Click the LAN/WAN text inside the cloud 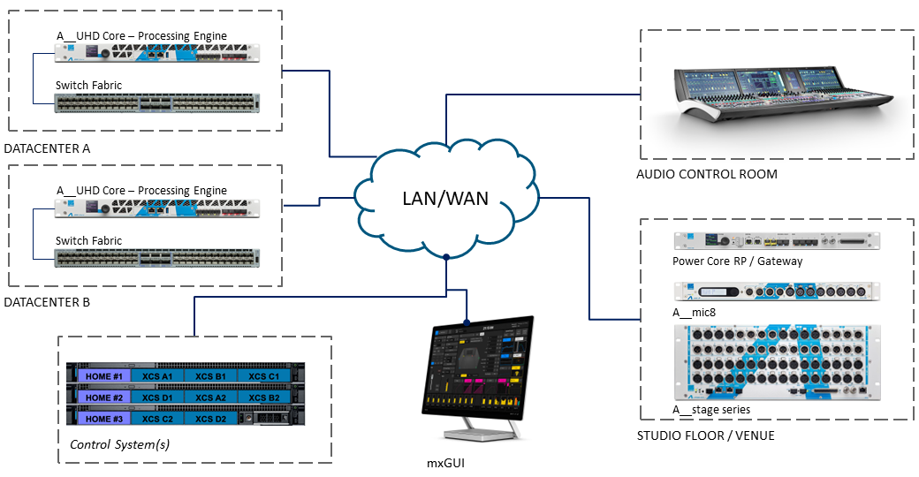[x=444, y=198]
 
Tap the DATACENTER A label [x=47, y=148]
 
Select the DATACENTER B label [x=47, y=302]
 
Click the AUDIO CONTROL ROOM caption [x=707, y=174]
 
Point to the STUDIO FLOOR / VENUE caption [x=706, y=435]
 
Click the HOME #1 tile [x=103, y=376]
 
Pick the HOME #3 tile [x=103, y=419]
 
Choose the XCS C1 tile [x=263, y=376]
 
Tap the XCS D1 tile [x=158, y=397]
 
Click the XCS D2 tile [x=210, y=419]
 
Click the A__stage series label [x=711, y=409]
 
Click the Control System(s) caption [x=119, y=443]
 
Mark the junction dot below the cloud [x=448, y=258]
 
